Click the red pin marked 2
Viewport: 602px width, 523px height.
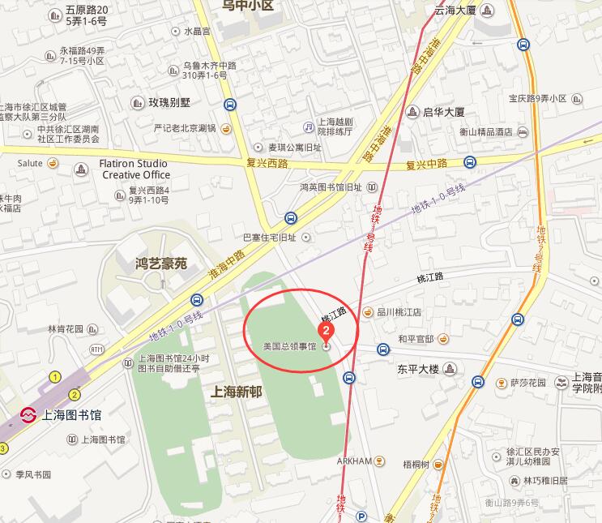click(326, 332)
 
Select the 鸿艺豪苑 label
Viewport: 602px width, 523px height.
click(160, 264)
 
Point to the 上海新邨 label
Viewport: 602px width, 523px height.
click(237, 390)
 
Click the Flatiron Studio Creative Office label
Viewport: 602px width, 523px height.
click(134, 169)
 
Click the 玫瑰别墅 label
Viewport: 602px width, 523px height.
click(169, 103)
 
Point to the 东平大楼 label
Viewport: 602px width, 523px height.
click(418, 369)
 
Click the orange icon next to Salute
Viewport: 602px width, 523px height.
click(53, 163)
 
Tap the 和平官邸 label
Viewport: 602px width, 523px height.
click(416, 339)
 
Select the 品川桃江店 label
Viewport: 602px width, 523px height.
click(399, 311)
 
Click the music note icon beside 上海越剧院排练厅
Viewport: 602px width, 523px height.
click(308, 126)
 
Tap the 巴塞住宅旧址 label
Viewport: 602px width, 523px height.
click(271, 238)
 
